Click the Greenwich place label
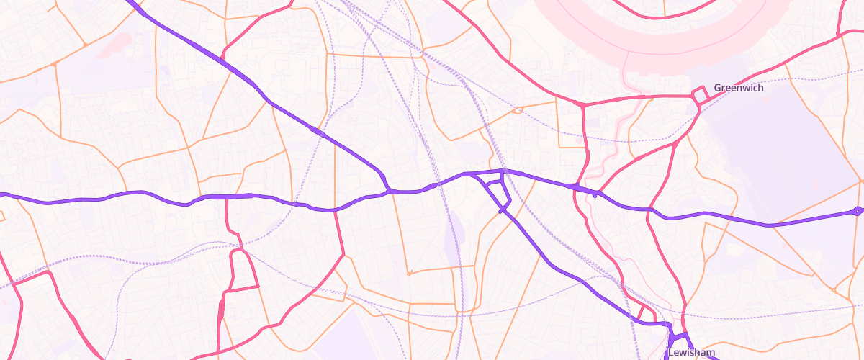(738, 88)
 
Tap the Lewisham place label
(690, 353)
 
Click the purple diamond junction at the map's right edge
(857, 212)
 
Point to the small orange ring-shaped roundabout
(517, 111)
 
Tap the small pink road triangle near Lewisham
(646, 313)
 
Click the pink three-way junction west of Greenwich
(582, 105)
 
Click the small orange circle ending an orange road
(409, 274)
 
